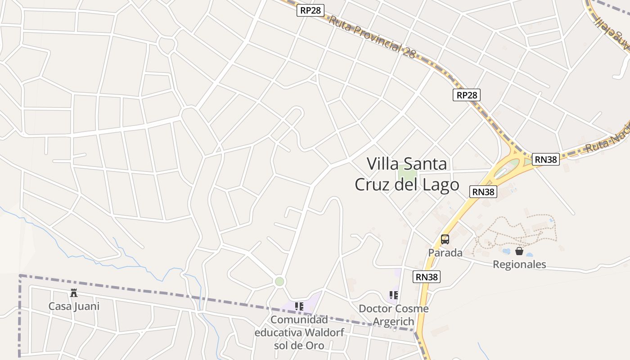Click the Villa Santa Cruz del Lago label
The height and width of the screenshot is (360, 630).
[x=407, y=174]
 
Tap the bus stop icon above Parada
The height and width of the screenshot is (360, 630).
[x=445, y=239]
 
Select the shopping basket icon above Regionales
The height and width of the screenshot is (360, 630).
[x=519, y=251]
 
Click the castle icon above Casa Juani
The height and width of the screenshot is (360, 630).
[x=74, y=293]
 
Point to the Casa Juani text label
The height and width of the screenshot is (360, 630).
[x=74, y=306]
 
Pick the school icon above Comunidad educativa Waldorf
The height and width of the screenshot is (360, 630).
[x=299, y=306]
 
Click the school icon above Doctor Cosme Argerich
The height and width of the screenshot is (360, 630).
[x=394, y=295]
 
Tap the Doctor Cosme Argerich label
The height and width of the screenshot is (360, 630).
[x=393, y=315]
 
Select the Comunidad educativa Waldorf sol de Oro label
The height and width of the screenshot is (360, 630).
[x=299, y=333]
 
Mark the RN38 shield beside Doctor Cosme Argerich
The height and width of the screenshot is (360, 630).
[x=426, y=277]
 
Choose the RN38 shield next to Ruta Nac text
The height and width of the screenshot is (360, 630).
[x=546, y=159]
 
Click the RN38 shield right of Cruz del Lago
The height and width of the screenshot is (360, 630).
[x=483, y=192]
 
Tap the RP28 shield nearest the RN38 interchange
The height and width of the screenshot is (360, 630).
[x=466, y=94]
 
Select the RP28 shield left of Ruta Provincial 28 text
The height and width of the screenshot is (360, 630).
[x=310, y=10]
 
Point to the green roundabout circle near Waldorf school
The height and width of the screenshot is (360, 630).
[x=279, y=282]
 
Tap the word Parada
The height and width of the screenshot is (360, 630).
[x=445, y=252]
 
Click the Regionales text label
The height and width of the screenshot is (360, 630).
[x=519, y=264]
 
